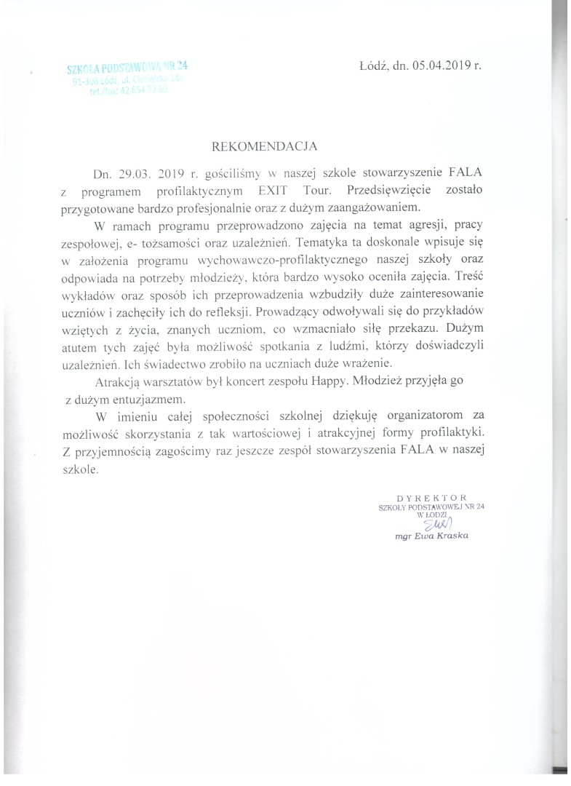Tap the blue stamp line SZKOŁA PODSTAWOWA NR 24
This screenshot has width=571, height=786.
pyautogui.click(x=122, y=69)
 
